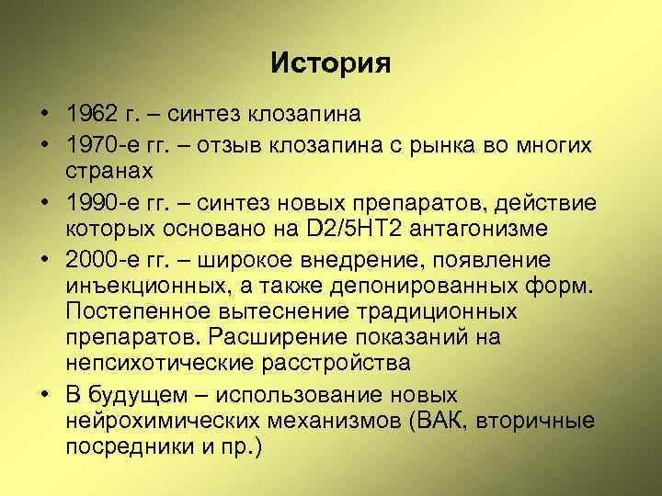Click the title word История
tap(331, 63)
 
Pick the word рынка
tap(442, 144)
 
